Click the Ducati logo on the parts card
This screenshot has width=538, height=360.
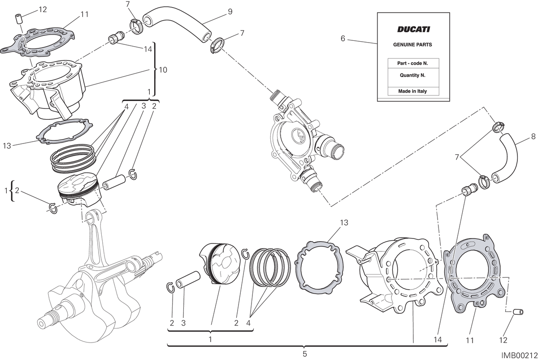[x=413, y=29]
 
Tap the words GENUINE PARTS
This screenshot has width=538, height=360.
[x=412, y=45]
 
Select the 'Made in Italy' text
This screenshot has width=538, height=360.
[x=412, y=91]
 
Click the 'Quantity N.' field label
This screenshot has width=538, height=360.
[x=412, y=75]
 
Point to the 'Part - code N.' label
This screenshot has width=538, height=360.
[x=412, y=63]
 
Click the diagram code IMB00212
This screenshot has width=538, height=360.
[x=519, y=355]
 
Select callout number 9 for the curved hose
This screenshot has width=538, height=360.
[x=230, y=12]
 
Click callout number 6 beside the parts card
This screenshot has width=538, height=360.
[x=343, y=39]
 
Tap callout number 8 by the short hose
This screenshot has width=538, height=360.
[x=533, y=136]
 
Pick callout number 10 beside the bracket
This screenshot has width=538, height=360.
[x=163, y=70]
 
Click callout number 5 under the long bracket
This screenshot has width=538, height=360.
[x=305, y=354]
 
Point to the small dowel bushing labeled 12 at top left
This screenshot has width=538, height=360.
[x=19, y=19]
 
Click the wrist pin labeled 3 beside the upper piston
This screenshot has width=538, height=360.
[x=114, y=183]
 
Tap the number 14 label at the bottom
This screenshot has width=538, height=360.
[x=438, y=339]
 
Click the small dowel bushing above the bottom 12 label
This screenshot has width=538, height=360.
[x=518, y=312]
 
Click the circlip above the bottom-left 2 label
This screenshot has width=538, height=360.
[x=170, y=288]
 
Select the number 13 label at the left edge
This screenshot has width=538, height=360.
[x=7, y=146]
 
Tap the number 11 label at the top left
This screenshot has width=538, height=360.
[x=84, y=14]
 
